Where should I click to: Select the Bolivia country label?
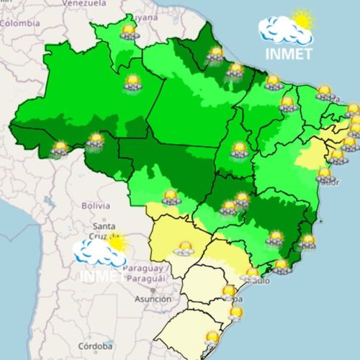[x=95, y=205]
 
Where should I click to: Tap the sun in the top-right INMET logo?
[x=303, y=19]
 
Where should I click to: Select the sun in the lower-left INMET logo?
[x=115, y=243]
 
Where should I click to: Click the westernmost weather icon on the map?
[x=59, y=148]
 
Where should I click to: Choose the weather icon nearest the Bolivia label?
[x=171, y=196]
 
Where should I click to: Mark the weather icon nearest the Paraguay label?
[x=184, y=248]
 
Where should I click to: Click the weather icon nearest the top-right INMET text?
[x=272, y=82]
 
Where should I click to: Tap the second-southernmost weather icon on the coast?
[x=235, y=312]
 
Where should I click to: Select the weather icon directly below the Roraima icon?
[x=132, y=82]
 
